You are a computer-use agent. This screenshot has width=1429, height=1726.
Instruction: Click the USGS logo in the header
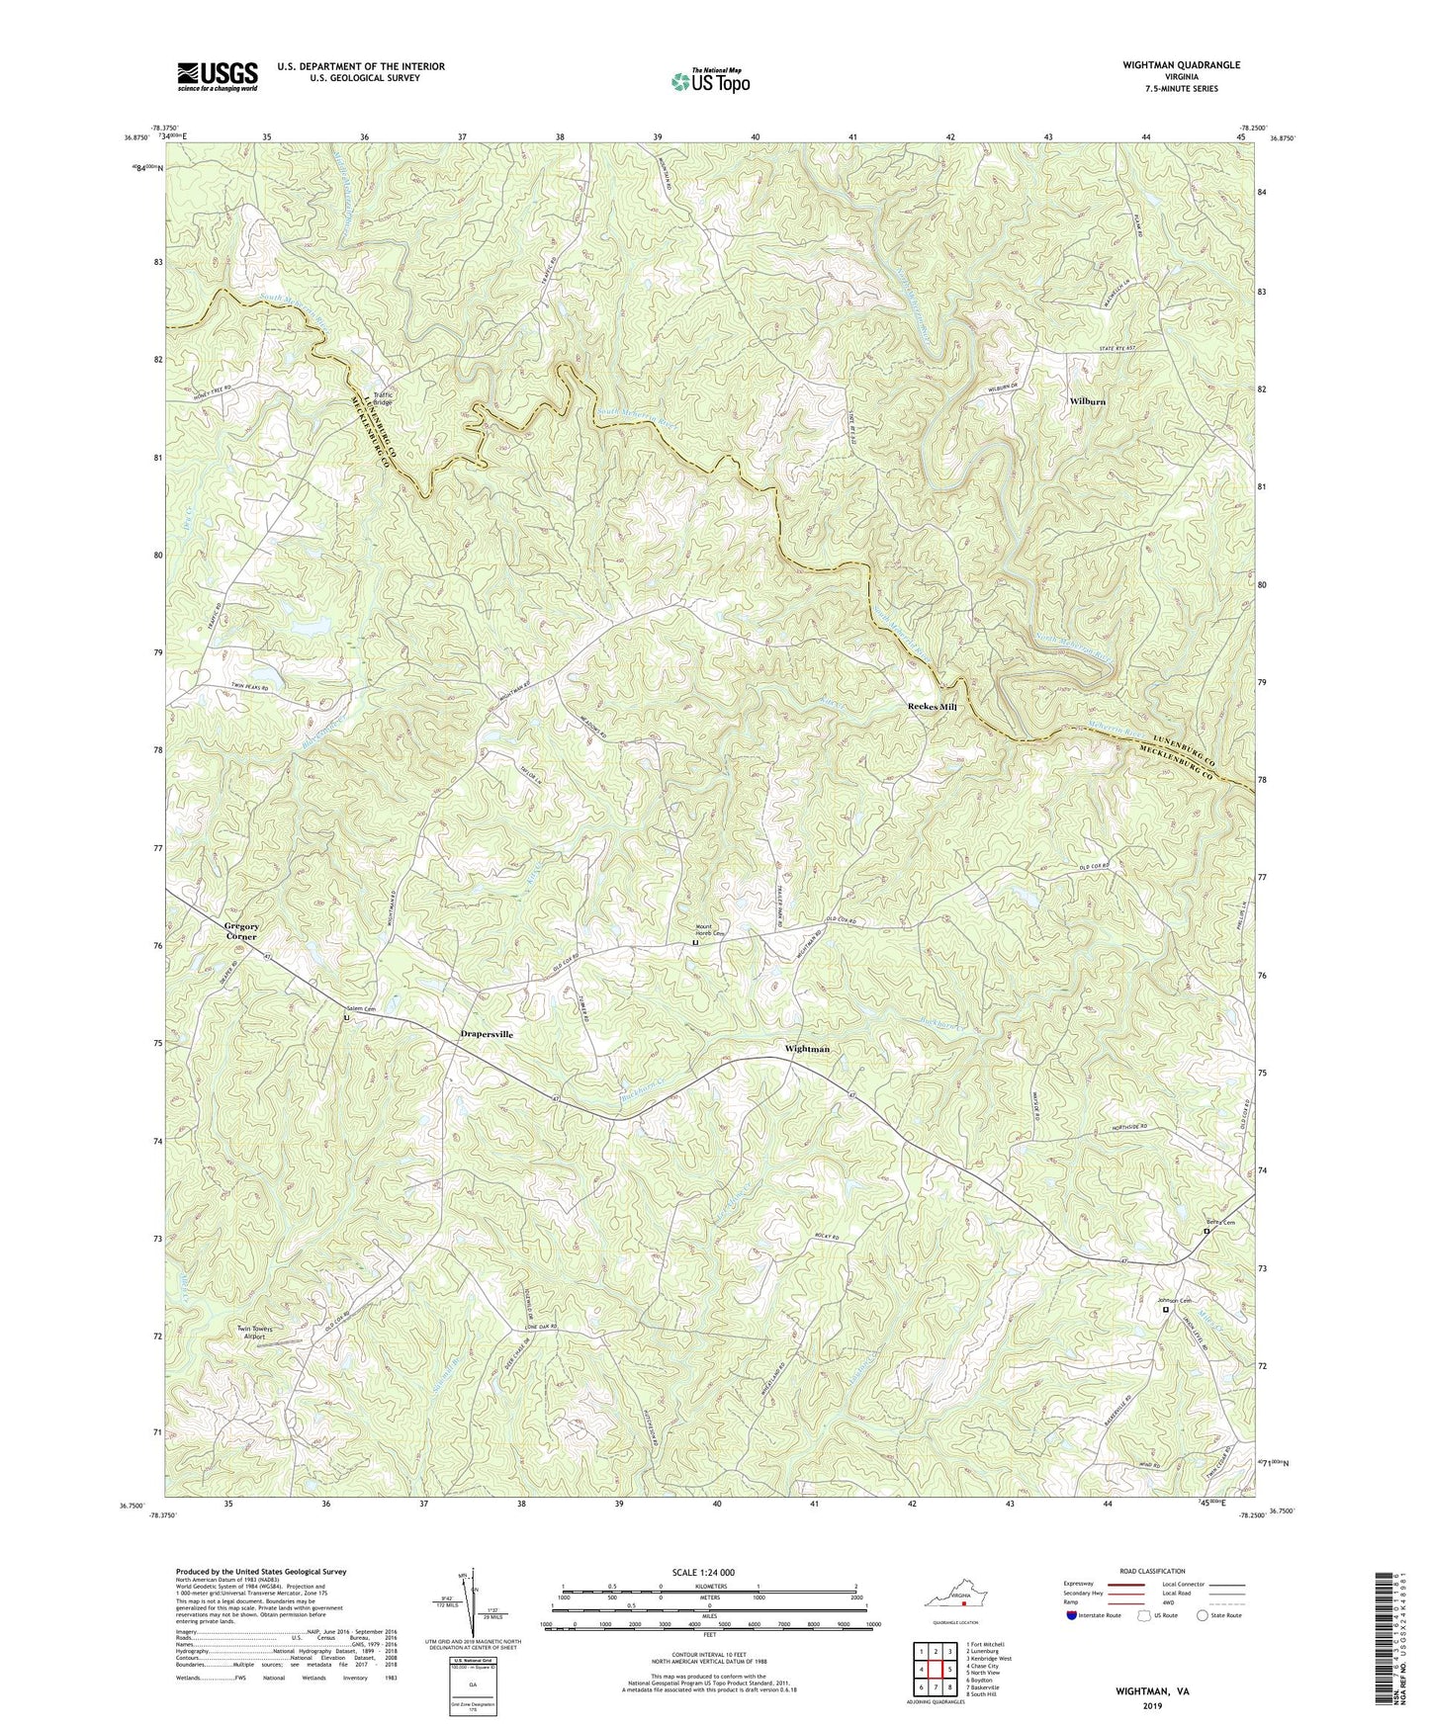pos(218,76)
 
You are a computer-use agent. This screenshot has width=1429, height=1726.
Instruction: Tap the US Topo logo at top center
pos(710,81)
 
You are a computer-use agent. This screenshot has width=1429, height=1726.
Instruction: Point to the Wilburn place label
pos(1087,402)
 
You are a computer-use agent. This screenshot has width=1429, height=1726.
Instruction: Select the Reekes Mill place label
pos(932,707)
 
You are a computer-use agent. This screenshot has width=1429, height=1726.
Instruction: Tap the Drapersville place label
pos(487,1034)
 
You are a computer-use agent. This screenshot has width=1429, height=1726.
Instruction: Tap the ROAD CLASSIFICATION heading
pos(1151,1571)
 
